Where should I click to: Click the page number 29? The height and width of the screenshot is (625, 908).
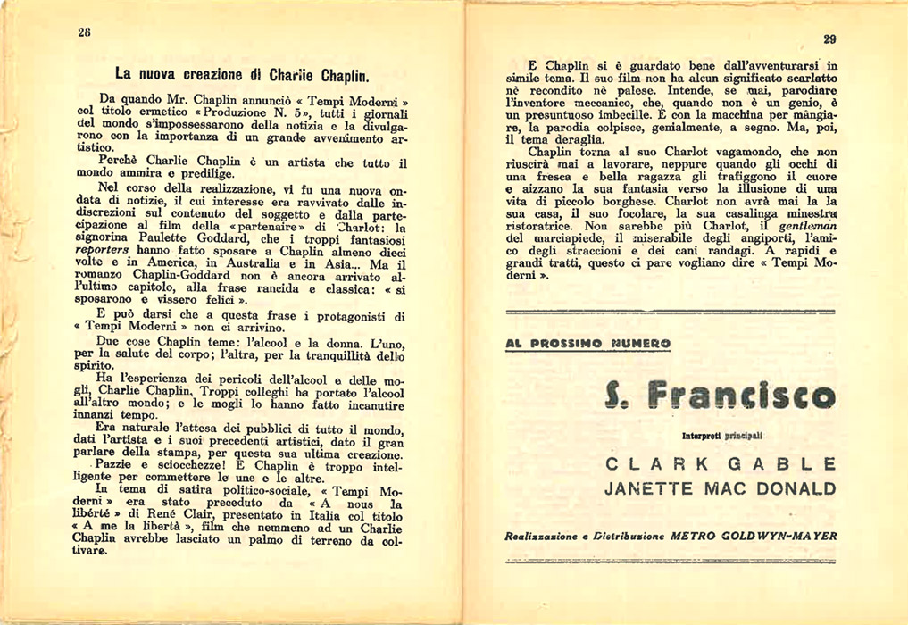click(829, 38)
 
